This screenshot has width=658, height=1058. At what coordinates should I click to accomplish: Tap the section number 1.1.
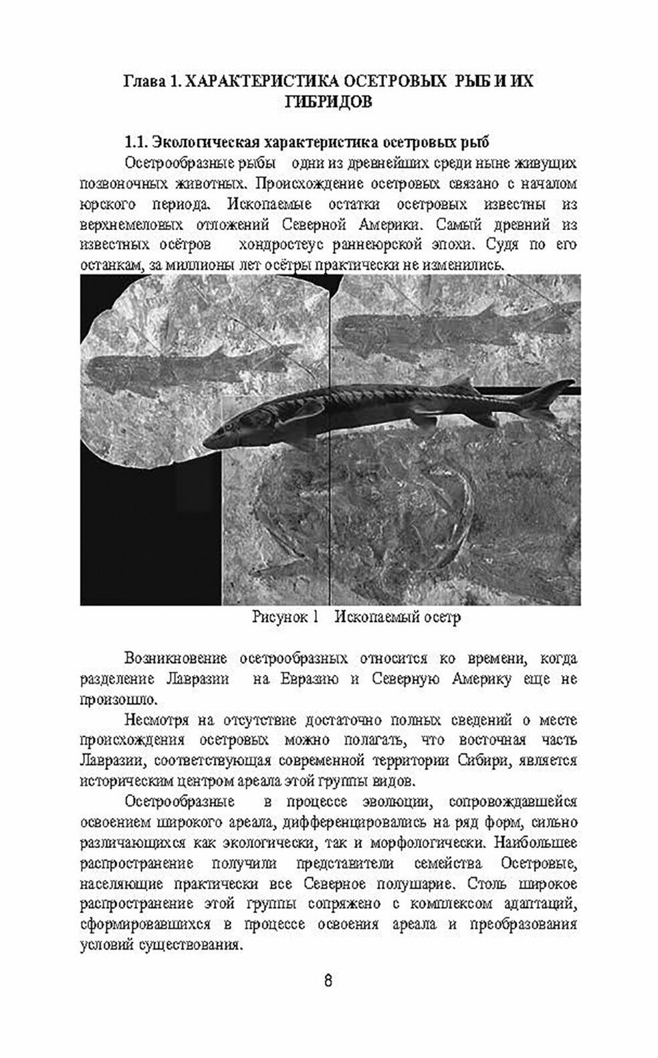pos(136,142)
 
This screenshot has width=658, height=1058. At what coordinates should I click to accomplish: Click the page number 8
pos(328,981)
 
